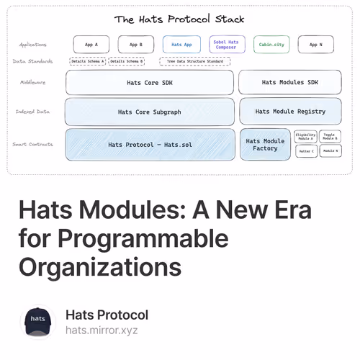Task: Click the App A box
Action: point(91,45)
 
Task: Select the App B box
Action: point(135,45)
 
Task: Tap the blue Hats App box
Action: point(181,45)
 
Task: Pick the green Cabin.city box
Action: point(271,45)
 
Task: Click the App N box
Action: point(315,45)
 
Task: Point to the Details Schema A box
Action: point(88,62)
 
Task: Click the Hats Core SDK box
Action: point(149,83)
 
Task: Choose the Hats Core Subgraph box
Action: point(149,112)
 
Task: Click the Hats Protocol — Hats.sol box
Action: point(150,144)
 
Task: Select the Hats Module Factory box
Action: point(265,144)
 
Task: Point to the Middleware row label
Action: point(32,83)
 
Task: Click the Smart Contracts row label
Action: point(32,145)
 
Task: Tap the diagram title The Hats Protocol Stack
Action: point(179,19)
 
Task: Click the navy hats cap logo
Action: point(38,322)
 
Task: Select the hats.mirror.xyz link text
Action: point(101,330)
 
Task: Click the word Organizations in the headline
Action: point(100,267)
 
